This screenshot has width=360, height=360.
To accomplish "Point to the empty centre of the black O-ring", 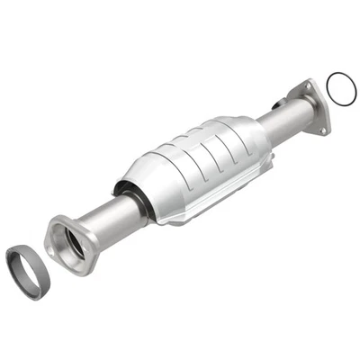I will (340, 89).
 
